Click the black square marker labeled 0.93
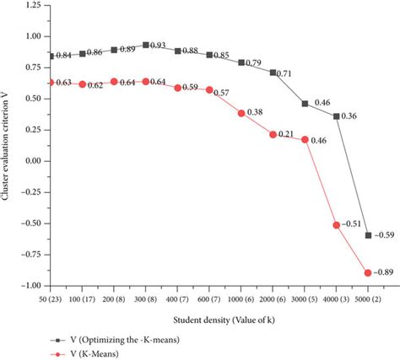(x=146, y=45)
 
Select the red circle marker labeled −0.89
(x=368, y=272)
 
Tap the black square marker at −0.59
(x=368, y=235)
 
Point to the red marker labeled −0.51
(x=337, y=225)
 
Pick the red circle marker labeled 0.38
(x=241, y=113)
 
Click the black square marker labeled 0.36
(x=337, y=116)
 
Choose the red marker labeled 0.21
(x=273, y=134)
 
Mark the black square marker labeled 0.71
(x=273, y=73)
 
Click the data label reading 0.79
(x=257, y=63)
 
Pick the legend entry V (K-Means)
(x=80, y=353)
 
